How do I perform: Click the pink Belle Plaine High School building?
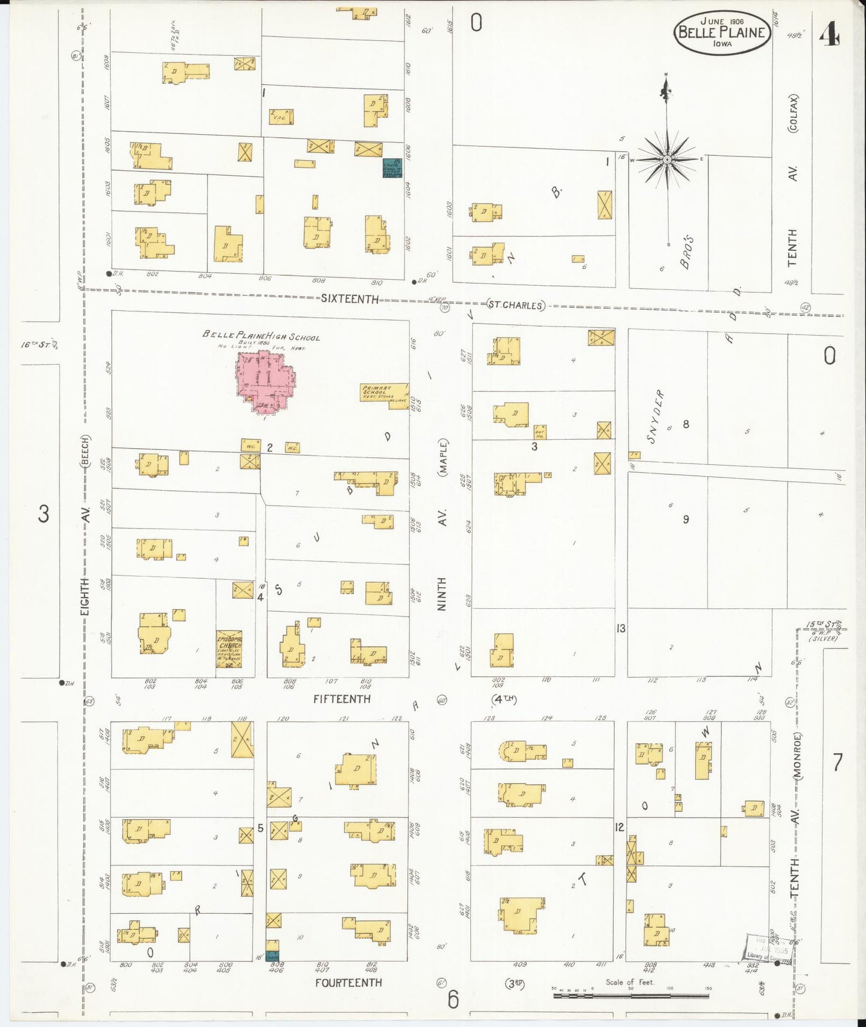pyautogui.click(x=264, y=380)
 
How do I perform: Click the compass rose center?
pyautogui.click(x=667, y=160)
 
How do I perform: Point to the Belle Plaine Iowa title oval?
pyautogui.click(x=722, y=34)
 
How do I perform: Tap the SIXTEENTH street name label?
pyautogui.click(x=349, y=298)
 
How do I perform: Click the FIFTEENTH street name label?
pyautogui.click(x=342, y=699)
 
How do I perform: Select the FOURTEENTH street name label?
pyautogui.click(x=348, y=982)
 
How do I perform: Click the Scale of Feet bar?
pyautogui.click(x=630, y=995)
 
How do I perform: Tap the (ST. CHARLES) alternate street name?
pyautogui.click(x=515, y=305)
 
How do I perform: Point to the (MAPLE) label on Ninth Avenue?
pyautogui.click(x=443, y=458)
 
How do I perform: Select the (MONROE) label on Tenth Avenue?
pyautogui.click(x=798, y=756)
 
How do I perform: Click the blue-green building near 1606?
pyautogui.click(x=392, y=168)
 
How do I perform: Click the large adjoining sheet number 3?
pyautogui.click(x=43, y=514)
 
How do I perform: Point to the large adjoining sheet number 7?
pyautogui.click(x=837, y=763)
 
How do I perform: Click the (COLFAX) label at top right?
pyautogui.click(x=793, y=113)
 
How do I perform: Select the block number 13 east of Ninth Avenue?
pyautogui.click(x=621, y=628)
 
